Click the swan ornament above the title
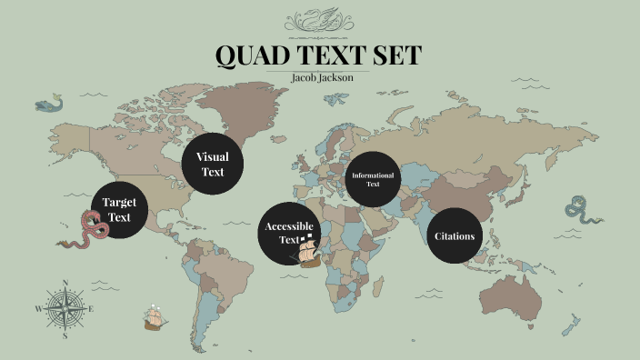click(x=320, y=20)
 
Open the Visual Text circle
click(x=211, y=164)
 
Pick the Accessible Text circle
click(x=289, y=233)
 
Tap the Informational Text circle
click(x=373, y=178)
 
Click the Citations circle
click(x=455, y=235)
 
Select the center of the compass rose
click(x=65, y=308)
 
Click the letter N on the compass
click(x=65, y=283)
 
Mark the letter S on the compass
click(x=65, y=335)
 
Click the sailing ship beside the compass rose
click(x=156, y=318)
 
